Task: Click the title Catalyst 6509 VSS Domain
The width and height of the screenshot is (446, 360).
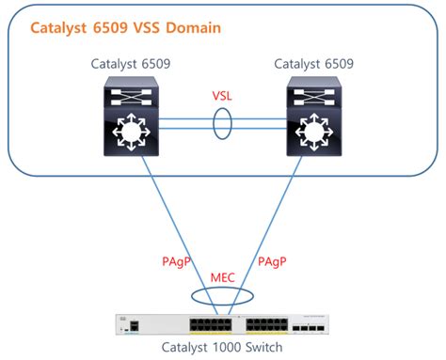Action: pyautogui.click(x=126, y=28)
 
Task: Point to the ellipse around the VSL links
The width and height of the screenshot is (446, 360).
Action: pyautogui.click(x=224, y=125)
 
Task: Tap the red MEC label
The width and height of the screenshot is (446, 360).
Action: pyautogui.click(x=224, y=277)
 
